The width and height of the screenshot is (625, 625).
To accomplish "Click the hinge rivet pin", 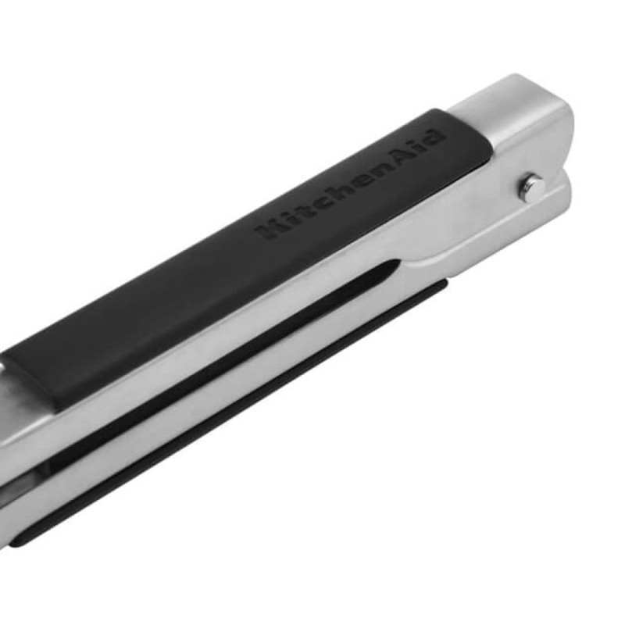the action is pyautogui.click(x=532, y=186).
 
